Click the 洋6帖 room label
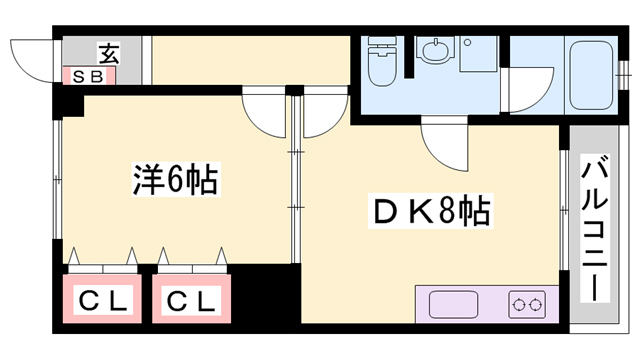(176, 180)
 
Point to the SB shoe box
(91, 75)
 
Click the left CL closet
(104, 301)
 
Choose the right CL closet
(190, 301)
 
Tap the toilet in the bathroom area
(381, 63)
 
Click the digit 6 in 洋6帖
(176, 180)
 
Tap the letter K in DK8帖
(415, 212)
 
